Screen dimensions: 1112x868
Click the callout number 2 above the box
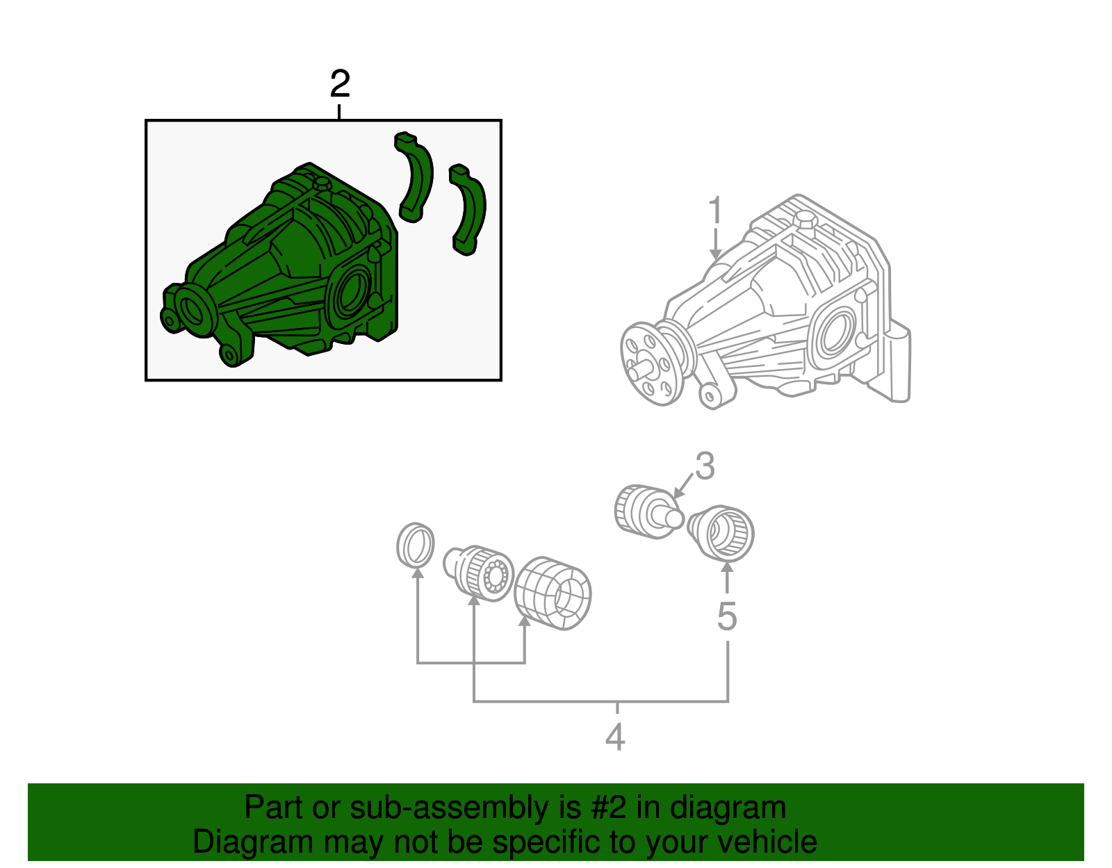tap(340, 83)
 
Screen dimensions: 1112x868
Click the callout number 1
tap(715, 209)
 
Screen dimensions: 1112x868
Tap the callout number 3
tap(705, 466)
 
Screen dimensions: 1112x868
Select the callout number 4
tap(615, 737)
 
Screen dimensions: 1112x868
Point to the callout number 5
tap(727, 616)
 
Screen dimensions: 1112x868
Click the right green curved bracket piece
tap(468, 210)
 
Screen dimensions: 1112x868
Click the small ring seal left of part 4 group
tap(416, 545)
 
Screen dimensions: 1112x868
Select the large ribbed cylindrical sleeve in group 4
tap(553, 593)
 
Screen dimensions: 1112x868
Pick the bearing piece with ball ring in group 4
tap(479, 573)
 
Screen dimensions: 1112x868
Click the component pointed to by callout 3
tap(648, 512)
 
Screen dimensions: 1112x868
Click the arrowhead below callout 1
tap(715, 254)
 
